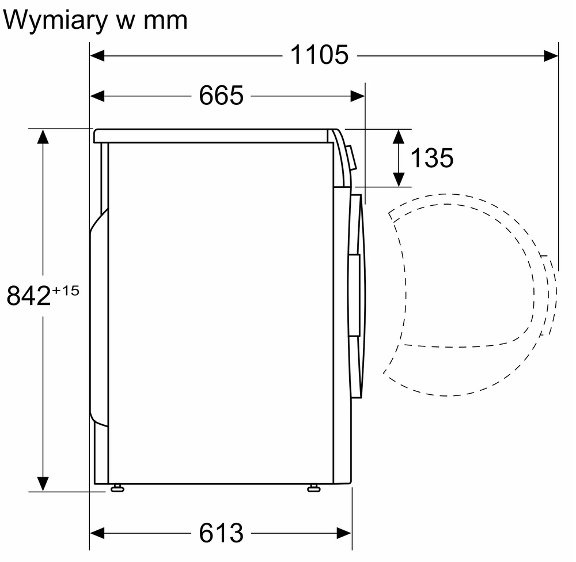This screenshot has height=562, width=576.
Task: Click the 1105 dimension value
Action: [319, 55]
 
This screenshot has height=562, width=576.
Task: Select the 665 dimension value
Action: [221, 95]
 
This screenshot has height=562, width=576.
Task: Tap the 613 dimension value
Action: [221, 533]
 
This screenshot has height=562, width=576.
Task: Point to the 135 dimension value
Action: [431, 157]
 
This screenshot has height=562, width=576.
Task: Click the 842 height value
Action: [28, 296]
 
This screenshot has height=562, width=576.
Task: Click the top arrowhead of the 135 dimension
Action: [398, 136]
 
